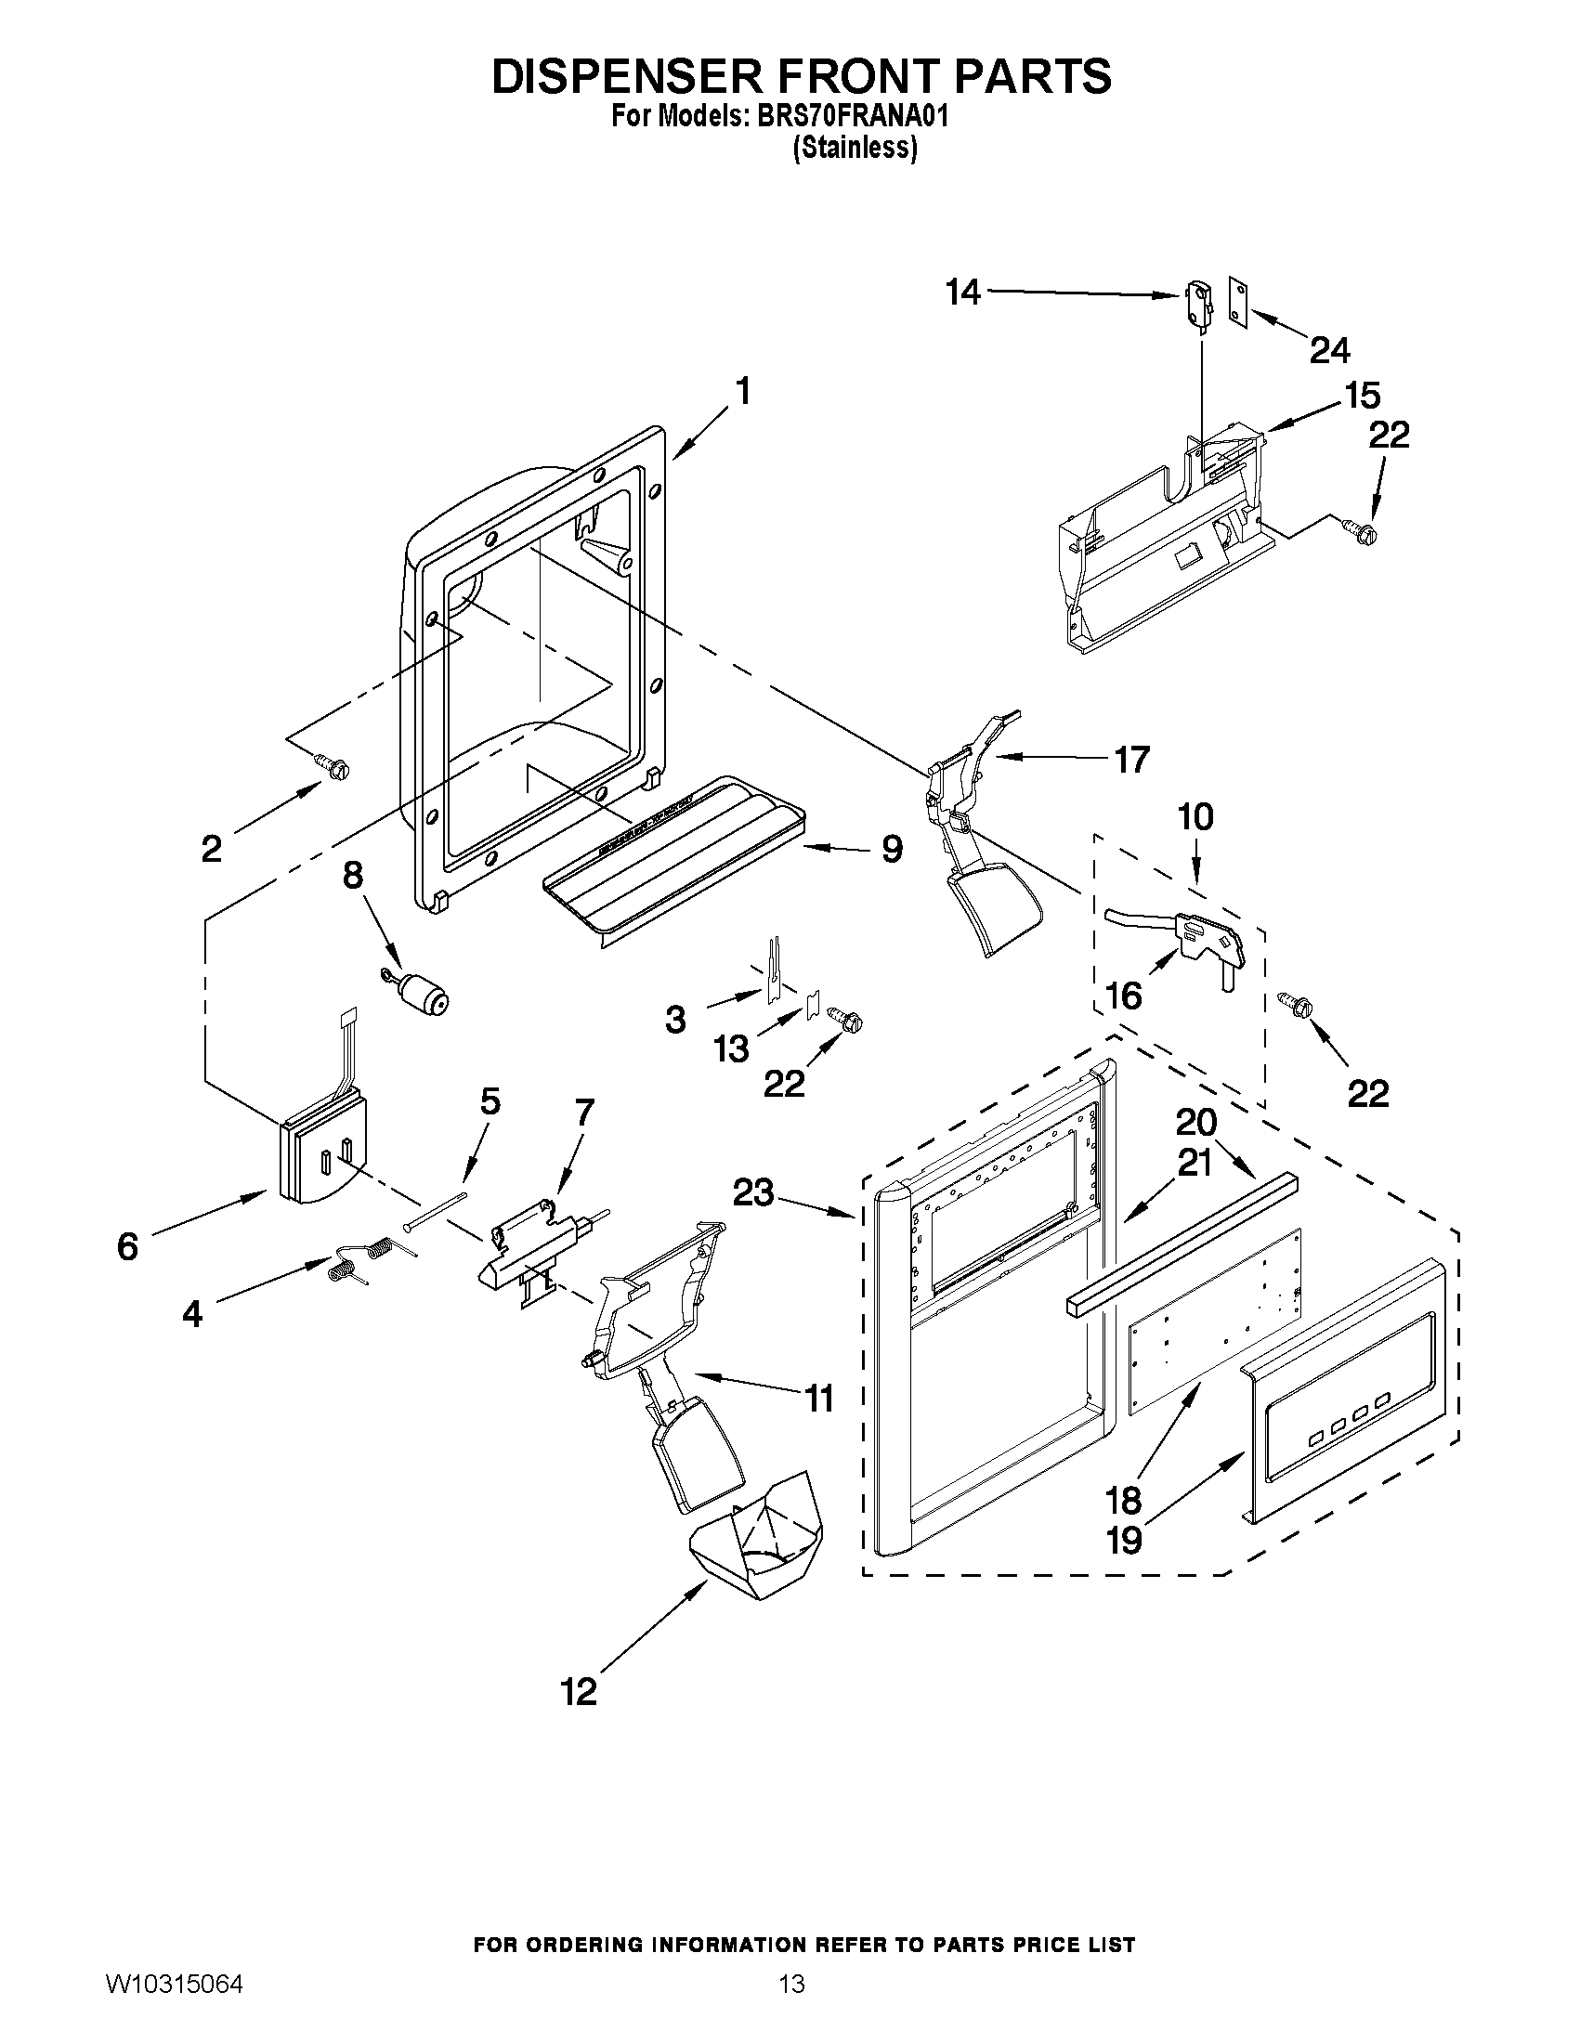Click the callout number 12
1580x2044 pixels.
click(x=579, y=1691)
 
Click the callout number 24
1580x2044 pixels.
click(x=1329, y=350)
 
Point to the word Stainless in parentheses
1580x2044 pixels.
click(x=855, y=148)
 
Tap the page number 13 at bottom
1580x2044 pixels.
click(x=791, y=2005)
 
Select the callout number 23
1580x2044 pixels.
click(x=753, y=1192)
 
